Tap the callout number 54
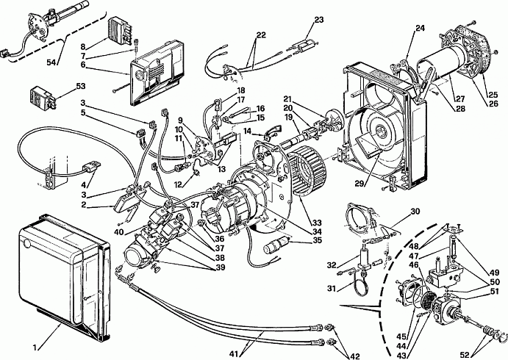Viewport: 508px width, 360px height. [x=51, y=62]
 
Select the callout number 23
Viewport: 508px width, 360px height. [x=319, y=20]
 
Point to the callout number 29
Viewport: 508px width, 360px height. [x=359, y=184]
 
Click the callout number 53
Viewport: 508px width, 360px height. [x=81, y=86]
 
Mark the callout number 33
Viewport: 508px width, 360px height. [x=317, y=223]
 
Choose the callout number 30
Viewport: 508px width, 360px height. [x=415, y=212]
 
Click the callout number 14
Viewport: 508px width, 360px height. [x=248, y=131]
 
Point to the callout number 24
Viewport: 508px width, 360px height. [x=420, y=28]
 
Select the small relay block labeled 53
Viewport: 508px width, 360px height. [x=41, y=96]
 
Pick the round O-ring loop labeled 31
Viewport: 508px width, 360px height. [x=360, y=284]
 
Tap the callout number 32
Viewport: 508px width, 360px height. [x=332, y=265]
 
